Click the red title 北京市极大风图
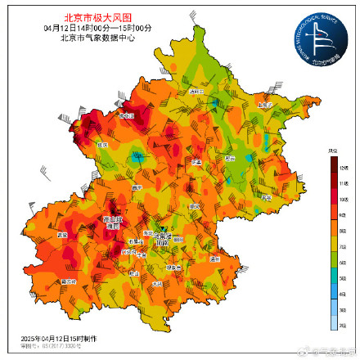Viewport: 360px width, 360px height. [x=97, y=16]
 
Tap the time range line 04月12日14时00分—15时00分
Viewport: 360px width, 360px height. [x=97, y=27]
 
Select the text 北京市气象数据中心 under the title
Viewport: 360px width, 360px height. [x=97, y=37]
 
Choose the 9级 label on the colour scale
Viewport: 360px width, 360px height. [x=333, y=215]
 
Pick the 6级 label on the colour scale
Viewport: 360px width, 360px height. [x=333, y=263]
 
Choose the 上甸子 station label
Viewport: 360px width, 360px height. [x=263, y=105]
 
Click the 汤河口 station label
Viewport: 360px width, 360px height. [x=195, y=92]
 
